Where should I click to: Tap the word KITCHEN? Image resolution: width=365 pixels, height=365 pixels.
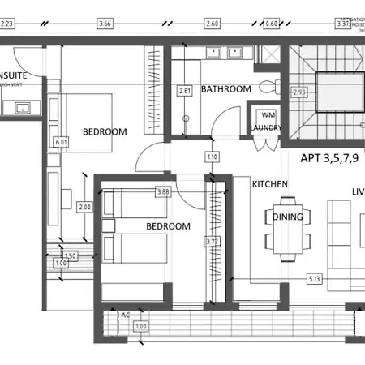tap(270, 184)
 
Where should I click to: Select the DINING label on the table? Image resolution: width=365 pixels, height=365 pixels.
tap(288, 217)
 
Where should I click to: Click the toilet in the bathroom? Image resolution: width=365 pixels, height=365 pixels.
tap(267, 88)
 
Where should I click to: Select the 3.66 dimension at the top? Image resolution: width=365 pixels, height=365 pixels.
tap(104, 24)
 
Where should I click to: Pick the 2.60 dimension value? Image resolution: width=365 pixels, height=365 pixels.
tap(213, 24)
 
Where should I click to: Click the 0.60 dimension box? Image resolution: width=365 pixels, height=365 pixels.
tap(271, 24)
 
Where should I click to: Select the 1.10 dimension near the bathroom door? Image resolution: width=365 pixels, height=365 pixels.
tap(213, 157)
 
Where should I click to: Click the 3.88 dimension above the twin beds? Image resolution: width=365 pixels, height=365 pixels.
tap(163, 192)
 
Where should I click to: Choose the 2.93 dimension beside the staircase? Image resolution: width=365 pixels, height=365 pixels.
tap(298, 92)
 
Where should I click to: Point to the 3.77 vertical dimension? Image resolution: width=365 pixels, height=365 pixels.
tap(213, 240)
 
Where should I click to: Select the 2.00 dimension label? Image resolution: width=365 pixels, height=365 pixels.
tap(84, 207)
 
